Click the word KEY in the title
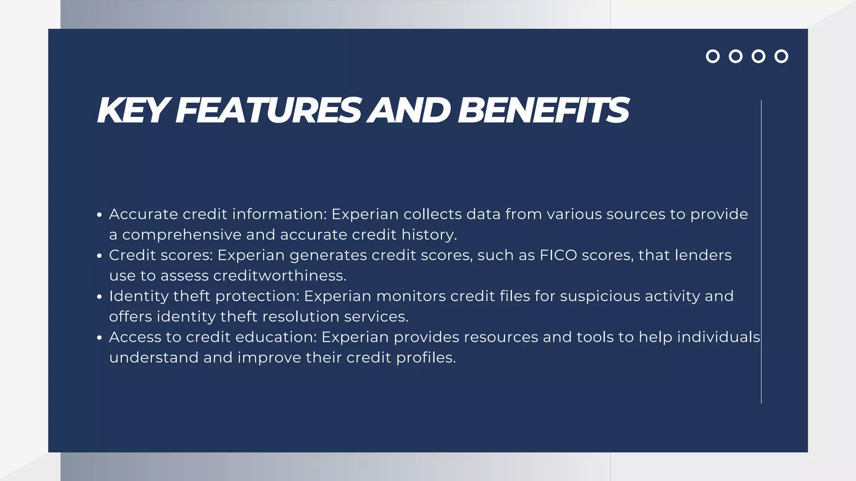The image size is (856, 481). point(132,111)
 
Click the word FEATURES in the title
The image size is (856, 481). point(267,111)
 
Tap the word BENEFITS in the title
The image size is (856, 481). point(543,111)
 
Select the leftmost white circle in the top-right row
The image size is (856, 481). point(713,56)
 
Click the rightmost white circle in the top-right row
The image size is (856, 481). point(781,56)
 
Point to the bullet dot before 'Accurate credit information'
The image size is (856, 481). point(99,215)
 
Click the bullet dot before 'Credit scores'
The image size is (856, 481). point(99,256)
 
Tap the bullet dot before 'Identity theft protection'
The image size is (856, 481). point(99,297)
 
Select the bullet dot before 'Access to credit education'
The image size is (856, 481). point(99,338)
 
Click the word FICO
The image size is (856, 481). point(558,255)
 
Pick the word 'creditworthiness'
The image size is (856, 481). point(280,276)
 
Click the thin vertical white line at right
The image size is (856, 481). point(761,251)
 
